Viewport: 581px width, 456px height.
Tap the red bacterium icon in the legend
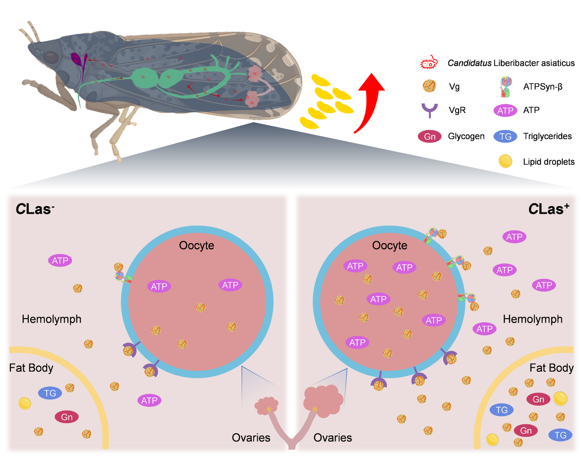(x=429, y=63)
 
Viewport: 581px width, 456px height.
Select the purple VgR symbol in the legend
(x=429, y=110)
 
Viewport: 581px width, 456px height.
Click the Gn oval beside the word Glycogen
(x=429, y=136)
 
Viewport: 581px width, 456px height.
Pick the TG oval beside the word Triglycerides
(x=505, y=136)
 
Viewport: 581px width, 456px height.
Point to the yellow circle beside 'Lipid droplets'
(x=505, y=161)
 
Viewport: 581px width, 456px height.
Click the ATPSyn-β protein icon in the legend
(x=505, y=87)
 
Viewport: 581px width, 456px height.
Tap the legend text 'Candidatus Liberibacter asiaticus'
(x=511, y=63)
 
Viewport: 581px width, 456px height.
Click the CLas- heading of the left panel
(x=35, y=209)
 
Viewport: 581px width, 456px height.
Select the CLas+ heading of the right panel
(x=548, y=209)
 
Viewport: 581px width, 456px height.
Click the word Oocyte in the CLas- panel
(x=196, y=245)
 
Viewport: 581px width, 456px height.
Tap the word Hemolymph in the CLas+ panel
(x=532, y=319)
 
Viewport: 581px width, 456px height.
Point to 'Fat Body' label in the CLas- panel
(x=31, y=368)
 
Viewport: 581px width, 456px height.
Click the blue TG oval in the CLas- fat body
(x=50, y=393)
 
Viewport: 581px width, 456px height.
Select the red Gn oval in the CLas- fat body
(x=67, y=417)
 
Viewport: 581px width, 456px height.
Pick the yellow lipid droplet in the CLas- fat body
(x=25, y=403)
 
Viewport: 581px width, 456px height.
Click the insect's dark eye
(x=51, y=58)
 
